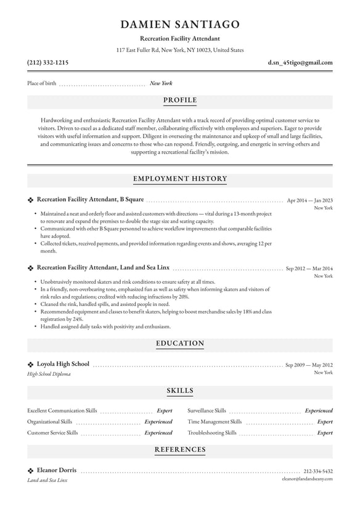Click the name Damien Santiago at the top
coord(180,24)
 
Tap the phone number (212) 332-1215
coord(47,62)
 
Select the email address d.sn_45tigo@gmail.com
coord(300,62)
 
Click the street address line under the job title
coord(180,50)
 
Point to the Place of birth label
coord(41,83)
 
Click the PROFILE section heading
coord(180,100)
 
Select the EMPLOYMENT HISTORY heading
coord(180,179)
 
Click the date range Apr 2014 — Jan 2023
coord(309,200)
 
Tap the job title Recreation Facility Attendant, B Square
coord(90,199)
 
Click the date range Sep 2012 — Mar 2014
coord(309,268)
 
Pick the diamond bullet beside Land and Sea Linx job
coord(30,268)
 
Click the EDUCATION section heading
coord(180,343)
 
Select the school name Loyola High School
coord(63,364)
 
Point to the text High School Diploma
coord(49,374)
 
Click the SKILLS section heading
coord(180,391)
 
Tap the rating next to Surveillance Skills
coord(319,410)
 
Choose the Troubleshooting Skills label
coord(211,433)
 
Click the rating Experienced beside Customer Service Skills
coord(158,433)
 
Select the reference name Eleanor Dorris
coord(57,470)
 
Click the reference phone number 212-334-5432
coord(317,471)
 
